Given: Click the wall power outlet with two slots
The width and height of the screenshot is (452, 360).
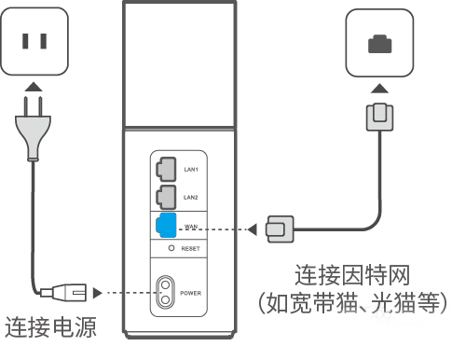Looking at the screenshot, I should click(x=35, y=41).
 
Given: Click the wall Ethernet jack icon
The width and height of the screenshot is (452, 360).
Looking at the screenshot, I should click(x=378, y=42).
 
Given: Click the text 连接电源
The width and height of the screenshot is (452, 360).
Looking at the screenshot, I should click(x=51, y=327).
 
